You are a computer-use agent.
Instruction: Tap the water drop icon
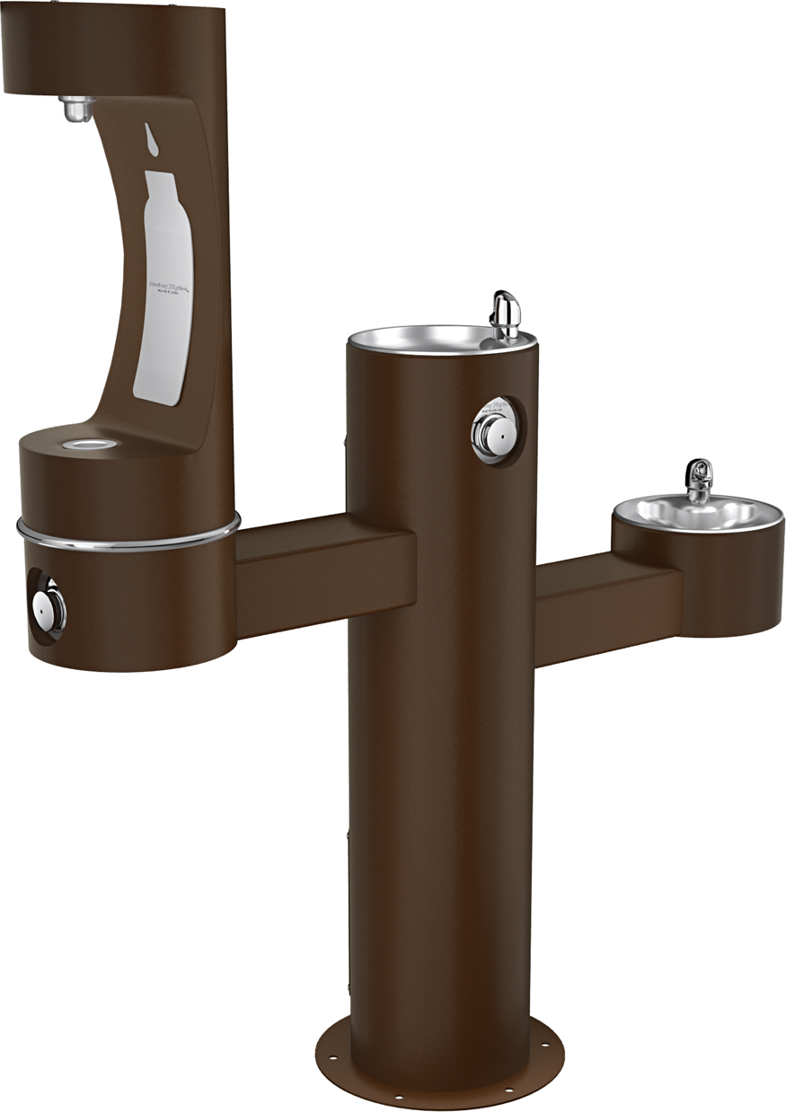click(149, 137)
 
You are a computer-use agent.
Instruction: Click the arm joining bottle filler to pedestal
click(323, 569)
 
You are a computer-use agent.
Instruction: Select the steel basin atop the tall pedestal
click(422, 339)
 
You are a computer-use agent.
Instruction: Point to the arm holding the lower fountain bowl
click(606, 606)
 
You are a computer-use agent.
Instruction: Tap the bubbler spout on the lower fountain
click(698, 477)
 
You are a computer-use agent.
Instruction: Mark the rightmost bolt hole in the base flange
click(546, 1045)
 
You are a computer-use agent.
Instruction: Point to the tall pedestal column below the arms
click(440, 808)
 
